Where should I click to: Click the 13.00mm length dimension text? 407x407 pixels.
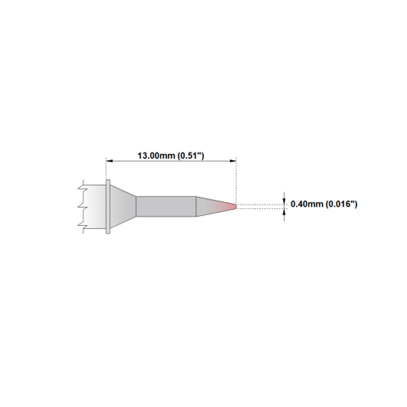[x=156, y=156]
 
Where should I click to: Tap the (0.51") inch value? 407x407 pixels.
[x=191, y=156]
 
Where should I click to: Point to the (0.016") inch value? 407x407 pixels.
[x=341, y=204]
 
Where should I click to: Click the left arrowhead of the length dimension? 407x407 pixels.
[x=109, y=161]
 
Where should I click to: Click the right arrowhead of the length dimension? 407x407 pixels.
[x=233, y=161]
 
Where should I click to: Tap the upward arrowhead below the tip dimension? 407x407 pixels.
[x=284, y=212]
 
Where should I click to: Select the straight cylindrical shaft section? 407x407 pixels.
[x=166, y=207]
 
